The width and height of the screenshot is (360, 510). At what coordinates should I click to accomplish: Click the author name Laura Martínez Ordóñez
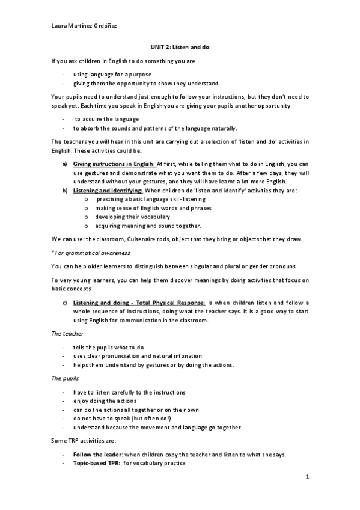tap(84, 26)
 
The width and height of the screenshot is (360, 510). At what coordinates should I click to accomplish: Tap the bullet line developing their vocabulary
tap(132, 216)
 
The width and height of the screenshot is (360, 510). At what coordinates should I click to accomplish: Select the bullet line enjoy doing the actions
tap(105, 400)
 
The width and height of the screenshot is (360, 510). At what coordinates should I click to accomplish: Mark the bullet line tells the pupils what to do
tap(108, 348)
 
